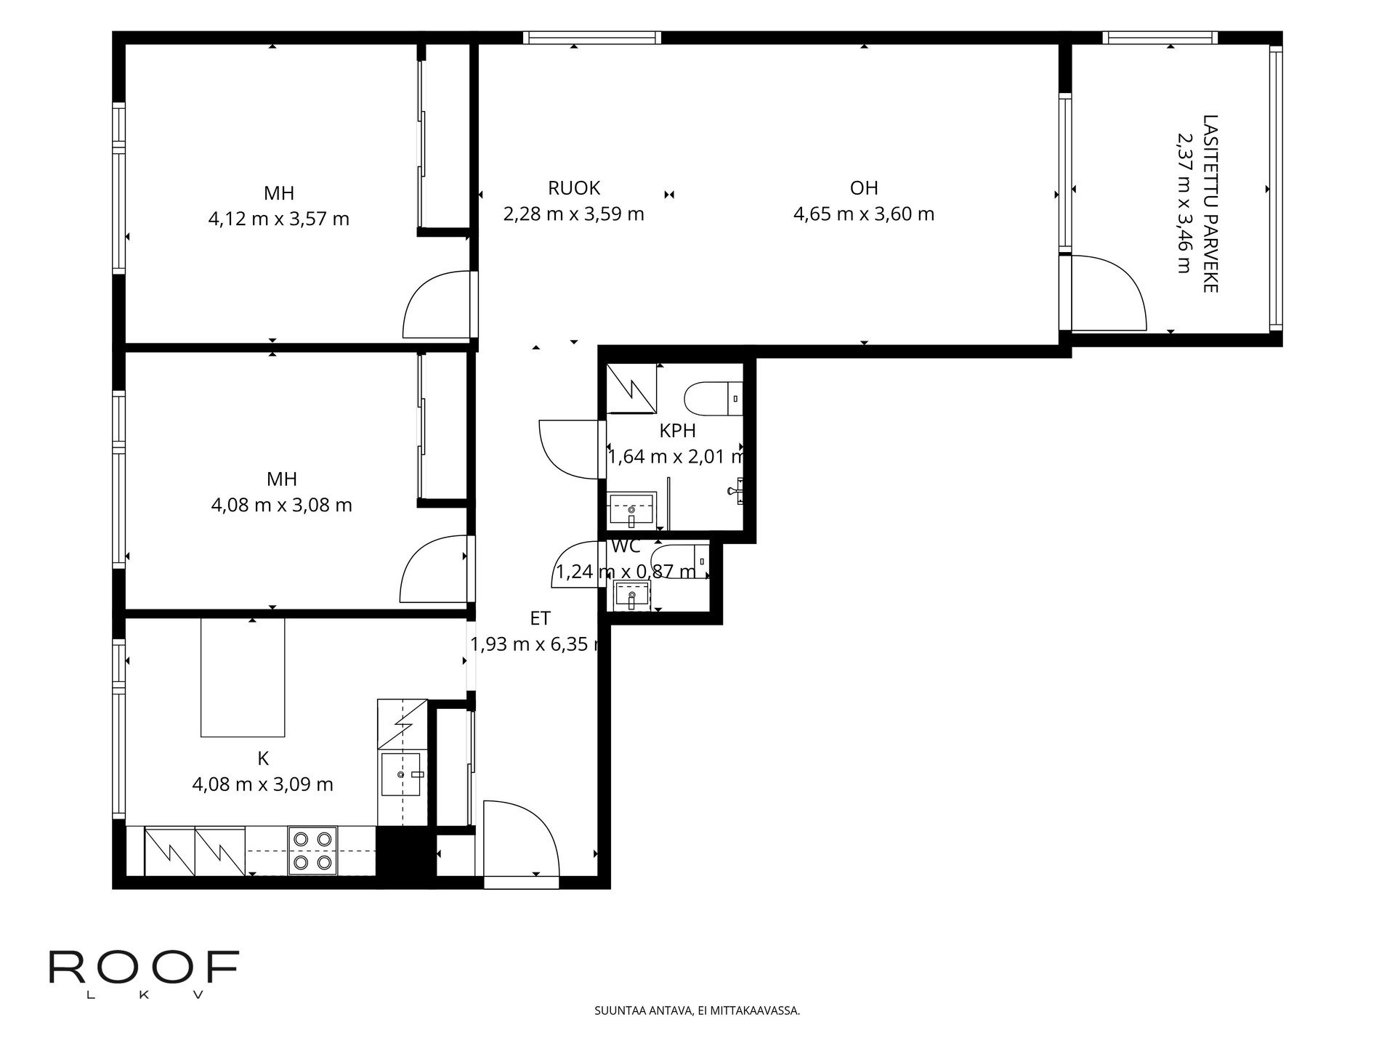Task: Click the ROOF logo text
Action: click(144, 968)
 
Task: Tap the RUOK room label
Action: click(574, 188)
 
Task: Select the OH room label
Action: click(864, 188)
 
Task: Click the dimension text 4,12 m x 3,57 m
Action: click(279, 219)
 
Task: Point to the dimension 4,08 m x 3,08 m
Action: click(282, 505)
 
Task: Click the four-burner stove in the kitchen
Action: click(312, 851)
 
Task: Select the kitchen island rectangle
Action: click(243, 677)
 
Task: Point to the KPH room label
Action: click(677, 431)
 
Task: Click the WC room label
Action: click(626, 547)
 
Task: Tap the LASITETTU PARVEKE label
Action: click(1210, 203)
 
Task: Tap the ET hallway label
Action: click(540, 618)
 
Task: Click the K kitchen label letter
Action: click(263, 758)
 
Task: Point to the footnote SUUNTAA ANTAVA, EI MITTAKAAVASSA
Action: click(697, 1010)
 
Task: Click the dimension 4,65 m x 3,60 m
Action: click(864, 214)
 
